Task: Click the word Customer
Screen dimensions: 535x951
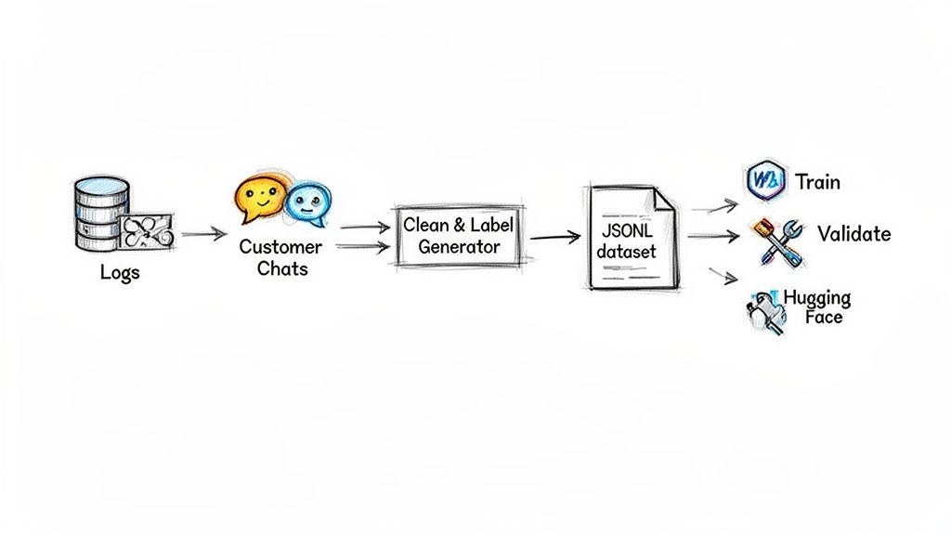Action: coord(280,247)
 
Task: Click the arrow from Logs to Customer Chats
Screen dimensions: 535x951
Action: coord(203,233)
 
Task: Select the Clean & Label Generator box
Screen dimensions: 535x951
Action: coord(459,236)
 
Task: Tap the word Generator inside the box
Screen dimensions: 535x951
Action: coord(459,247)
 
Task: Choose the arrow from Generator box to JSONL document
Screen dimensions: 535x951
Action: coord(554,238)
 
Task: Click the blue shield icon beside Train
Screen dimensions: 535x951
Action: coord(765,179)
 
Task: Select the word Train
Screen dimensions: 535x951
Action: coord(817,181)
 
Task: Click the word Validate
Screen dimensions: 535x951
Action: coord(853,233)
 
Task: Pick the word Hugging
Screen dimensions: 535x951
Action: coord(817,298)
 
